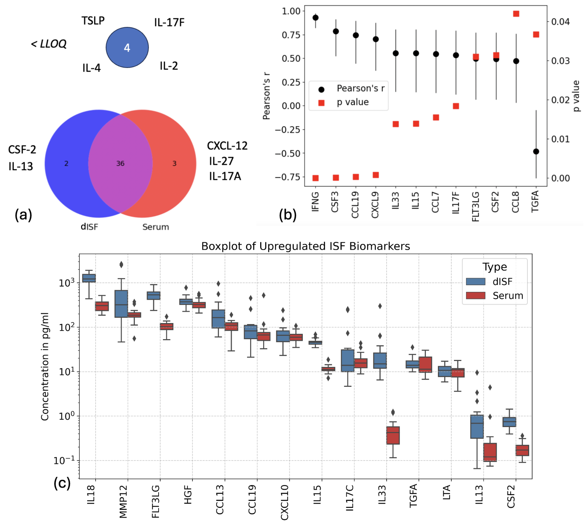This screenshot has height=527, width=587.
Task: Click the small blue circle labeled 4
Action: click(x=127, y=48)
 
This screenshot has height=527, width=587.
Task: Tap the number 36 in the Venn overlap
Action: click(x=120, y=164)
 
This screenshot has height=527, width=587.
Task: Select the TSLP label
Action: click(x=93, y=21)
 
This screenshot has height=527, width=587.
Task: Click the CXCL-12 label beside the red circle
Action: click(x=227, y=146)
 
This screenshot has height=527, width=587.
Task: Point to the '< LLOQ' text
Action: click(x=49, y=44)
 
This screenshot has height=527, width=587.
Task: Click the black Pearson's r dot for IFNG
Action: click(x=316, y=18)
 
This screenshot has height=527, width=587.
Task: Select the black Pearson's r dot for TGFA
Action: click(x=536, y=152)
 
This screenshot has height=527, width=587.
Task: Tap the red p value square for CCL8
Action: click(x=516, y=14)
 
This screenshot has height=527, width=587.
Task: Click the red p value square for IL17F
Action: click(x=456, y=106)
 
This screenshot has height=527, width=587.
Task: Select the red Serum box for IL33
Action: click(x=393, y=435)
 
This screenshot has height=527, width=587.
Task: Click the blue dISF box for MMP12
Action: click(x=121, y=304)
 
